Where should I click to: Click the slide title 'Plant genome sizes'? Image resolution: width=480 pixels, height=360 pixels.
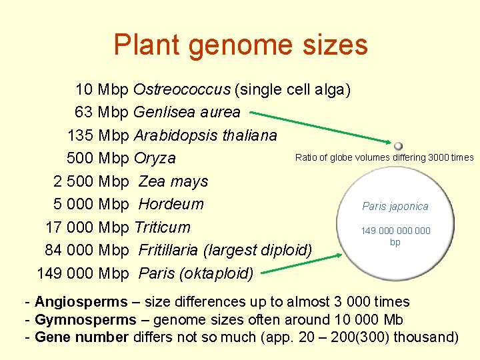(240, 45)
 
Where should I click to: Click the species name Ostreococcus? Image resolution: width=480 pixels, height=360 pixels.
(182, 89)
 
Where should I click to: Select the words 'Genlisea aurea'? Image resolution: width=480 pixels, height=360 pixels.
(187, 112)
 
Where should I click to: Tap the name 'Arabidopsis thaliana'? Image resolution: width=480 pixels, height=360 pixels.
(205, 135)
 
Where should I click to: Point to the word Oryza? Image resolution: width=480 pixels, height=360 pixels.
(155, 159)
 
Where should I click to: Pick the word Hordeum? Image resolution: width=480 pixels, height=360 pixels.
(171, 204)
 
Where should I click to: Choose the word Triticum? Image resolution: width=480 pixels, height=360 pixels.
(162, 227)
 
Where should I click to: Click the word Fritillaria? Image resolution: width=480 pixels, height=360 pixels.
(169, 250)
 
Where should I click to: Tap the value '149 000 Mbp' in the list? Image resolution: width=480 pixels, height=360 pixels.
(83, 273)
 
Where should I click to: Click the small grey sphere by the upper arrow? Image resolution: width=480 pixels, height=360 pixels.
(398, 145)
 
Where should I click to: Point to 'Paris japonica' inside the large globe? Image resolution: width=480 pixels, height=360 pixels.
(395, 207)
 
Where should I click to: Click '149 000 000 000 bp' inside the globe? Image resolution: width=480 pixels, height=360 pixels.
(395, 236)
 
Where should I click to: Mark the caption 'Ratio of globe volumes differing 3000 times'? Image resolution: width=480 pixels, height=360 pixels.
(384, 157)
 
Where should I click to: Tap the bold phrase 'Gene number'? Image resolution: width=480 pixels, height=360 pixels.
(81, 337)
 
